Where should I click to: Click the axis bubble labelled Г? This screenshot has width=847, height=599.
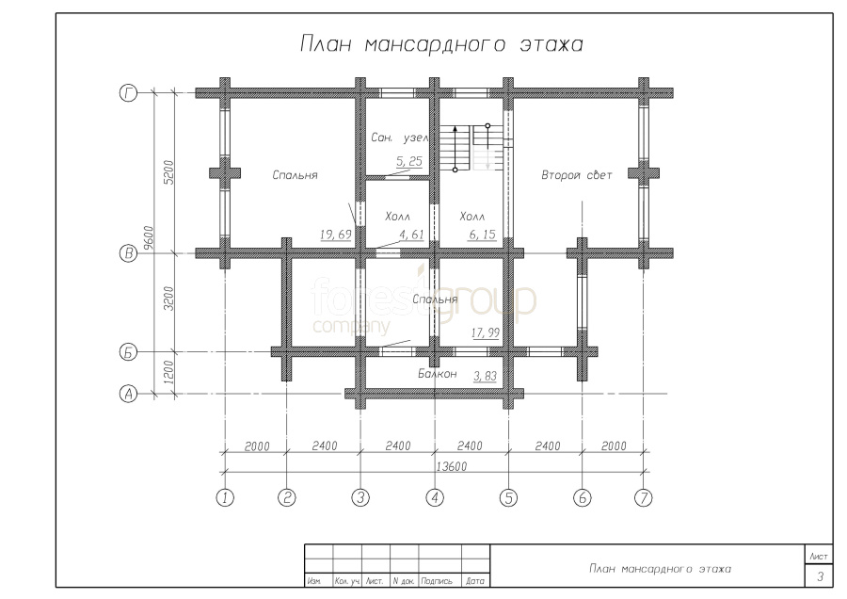point(128,93)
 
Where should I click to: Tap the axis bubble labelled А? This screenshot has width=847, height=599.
point(128,394)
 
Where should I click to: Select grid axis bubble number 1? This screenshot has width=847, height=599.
point(225,497)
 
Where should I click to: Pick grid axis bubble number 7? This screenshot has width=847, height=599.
point(644,497)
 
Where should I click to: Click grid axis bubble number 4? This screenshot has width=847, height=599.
point(435,497)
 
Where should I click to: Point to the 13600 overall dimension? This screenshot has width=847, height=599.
point(451,466)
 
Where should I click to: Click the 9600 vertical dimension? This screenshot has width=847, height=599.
point(150,238)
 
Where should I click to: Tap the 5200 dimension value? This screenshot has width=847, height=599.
point(169,172)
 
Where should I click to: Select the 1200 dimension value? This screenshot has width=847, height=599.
point(169,372)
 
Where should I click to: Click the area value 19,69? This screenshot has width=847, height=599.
point(335,235)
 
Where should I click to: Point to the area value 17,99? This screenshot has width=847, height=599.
point(485,332)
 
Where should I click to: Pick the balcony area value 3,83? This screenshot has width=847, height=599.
point(485,376)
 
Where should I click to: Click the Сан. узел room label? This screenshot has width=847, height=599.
point(400,138)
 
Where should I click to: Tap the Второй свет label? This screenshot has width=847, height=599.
point(576,175)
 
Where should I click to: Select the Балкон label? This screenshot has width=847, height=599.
point(437,374)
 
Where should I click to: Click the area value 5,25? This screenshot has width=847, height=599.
point(409,161)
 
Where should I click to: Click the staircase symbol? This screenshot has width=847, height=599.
point(471,148)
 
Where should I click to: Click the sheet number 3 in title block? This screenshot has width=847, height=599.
point(820,576)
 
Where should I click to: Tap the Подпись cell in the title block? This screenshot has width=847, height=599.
point(437,581)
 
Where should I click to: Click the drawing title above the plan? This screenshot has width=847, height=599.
point(441,44)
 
